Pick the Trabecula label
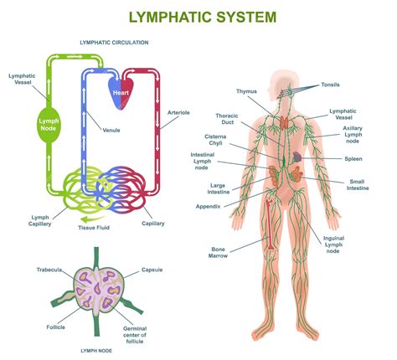point(50,270)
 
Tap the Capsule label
point(152,270)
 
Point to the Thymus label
point(246,91)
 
